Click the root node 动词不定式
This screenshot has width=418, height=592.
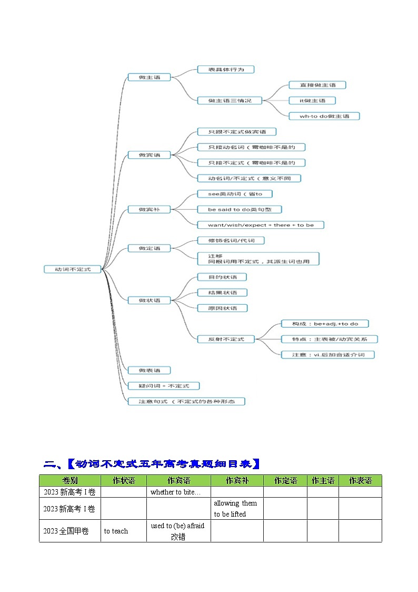point(73,269)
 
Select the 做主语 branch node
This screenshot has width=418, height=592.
point(150,77)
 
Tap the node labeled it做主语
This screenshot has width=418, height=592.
point(312,100)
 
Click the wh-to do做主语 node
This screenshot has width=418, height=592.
point(324,116)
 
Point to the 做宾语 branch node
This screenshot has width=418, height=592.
point(150,155)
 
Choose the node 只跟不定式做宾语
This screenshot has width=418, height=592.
point(236,132)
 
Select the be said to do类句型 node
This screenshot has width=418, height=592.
point(239,209)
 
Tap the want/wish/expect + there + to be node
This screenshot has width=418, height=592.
point(260,225)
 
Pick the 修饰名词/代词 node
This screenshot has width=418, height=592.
point(230,240)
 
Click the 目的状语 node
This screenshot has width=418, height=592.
point(222,277)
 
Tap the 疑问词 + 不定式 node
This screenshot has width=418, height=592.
point(164,386)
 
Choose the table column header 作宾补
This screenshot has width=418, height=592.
point(237,480)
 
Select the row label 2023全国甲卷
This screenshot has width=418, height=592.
point(69,531)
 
